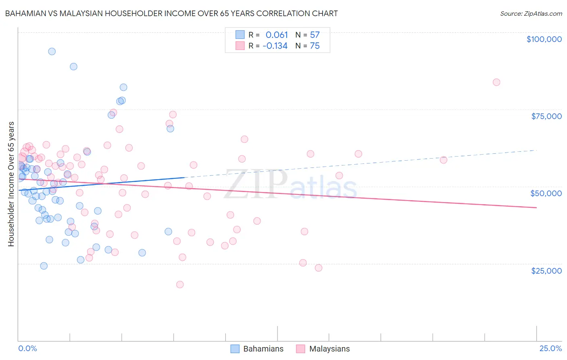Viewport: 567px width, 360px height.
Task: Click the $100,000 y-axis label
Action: click(544, 39)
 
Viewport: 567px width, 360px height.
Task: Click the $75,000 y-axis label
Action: click(546, 116)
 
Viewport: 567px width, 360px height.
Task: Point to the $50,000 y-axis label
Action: click(546, 193)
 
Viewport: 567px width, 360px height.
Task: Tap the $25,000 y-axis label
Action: click(546, 271)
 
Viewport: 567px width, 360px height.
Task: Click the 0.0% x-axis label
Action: click(27, 348)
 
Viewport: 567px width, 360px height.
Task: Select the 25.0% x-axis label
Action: click(550, 348)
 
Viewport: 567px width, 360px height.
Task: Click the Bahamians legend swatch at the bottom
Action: click(235, 349)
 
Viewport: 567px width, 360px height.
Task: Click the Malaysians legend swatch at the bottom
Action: click(300, 349)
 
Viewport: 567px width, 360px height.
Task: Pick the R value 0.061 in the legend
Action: click(277, 35)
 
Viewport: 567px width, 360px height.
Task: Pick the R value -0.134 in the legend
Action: click(275, 46)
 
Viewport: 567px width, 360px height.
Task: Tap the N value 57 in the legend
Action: click(315, 35)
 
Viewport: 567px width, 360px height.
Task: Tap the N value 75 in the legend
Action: click(315, 46)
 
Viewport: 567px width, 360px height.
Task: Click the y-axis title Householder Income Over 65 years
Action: click(11, 184)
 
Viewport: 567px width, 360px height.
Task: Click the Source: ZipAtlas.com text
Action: click(531, 14)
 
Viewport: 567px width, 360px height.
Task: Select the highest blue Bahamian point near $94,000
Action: click(52, 51)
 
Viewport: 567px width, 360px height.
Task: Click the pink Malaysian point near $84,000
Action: click(496, 82)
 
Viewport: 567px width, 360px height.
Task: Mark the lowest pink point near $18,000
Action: click(180, 285)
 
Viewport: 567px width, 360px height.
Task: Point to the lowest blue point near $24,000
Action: click(44, 266)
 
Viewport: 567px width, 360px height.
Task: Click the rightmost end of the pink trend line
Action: click(536, 207)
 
